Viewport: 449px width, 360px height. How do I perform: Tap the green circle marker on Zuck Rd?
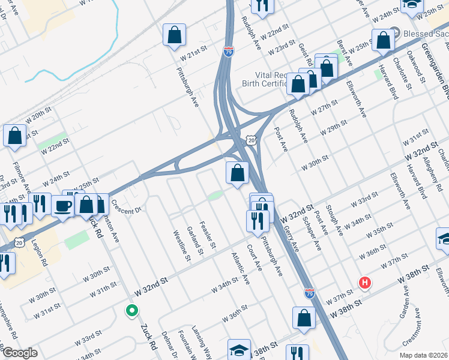(x=130, y=310)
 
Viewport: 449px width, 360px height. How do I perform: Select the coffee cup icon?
(x=63, y=206)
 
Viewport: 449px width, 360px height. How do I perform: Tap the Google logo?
(x=19, y=353)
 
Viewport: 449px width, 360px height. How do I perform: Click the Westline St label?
(x=181, y=246)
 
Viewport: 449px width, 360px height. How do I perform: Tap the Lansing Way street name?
(x=202, y=343)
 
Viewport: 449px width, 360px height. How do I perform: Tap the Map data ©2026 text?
(x=423, y=355)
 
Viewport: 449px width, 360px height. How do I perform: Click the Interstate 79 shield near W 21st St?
(x=228, y=52)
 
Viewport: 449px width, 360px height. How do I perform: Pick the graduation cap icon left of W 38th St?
(x=239, y=350)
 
